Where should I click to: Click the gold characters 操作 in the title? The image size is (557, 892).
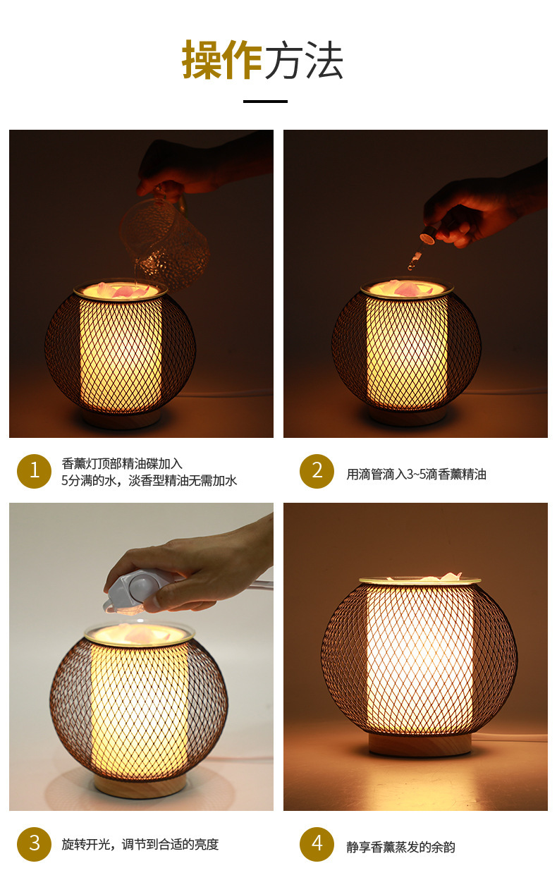coord(222,60)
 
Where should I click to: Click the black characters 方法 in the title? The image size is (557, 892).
coord(304,61)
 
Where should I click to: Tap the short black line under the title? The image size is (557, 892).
coord(265,102)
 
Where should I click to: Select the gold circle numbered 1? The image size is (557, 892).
coord(35,471)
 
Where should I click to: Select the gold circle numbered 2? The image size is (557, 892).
coord(317,471)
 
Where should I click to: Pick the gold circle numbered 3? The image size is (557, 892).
coord(35,844)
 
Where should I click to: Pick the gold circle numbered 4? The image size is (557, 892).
coord(317,844)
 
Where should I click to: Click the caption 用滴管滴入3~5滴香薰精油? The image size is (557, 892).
coord(416,475)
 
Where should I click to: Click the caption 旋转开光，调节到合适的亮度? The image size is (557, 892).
coord(140,845)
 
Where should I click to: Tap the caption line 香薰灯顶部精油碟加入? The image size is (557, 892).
coord(122,463)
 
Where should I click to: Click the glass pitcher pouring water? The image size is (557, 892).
coord(165,242)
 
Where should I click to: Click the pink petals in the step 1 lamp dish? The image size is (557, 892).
coord(123,291)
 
